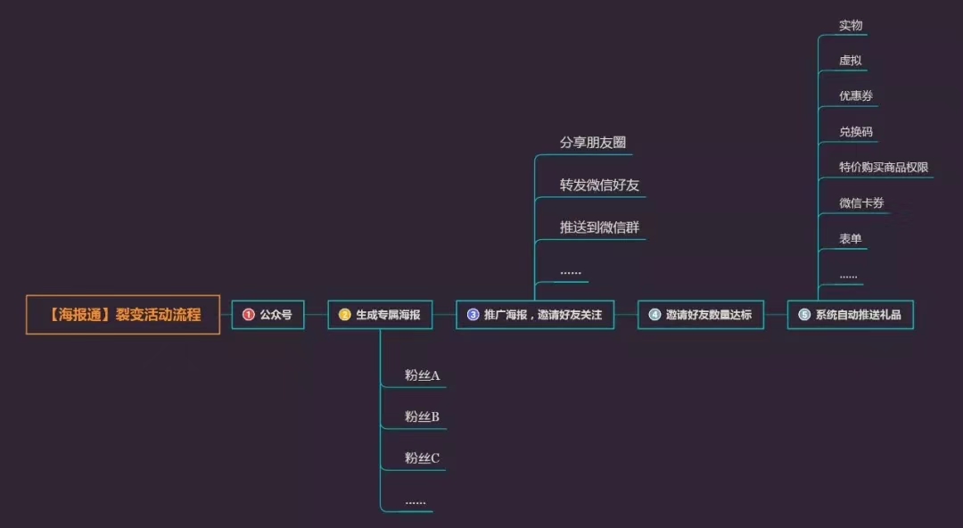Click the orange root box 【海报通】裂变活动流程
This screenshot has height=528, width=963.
(123, 315)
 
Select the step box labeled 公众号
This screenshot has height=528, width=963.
(267, 315)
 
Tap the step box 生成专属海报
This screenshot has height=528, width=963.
(380, 315)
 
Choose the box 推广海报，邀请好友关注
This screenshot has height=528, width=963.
(535, 315)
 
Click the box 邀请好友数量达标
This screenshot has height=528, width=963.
(701, 315)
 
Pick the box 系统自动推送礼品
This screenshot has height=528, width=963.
(851, 315)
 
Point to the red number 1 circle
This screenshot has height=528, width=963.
(249, 315)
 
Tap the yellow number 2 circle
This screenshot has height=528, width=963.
(344, 315)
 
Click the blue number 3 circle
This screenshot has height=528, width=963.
(473, 315)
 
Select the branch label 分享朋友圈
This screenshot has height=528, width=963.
(593, 143)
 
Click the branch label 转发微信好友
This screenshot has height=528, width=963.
(599, 185)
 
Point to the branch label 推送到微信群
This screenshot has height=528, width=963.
(599, 227)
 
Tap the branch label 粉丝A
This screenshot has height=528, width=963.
(422, 375)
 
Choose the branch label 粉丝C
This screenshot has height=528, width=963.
(422, 458)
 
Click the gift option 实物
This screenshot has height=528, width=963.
(851, 25)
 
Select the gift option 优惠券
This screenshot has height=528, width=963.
(856, 96)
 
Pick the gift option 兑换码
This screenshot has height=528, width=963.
(856, 131)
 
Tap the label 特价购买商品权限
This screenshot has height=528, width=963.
(884, 167)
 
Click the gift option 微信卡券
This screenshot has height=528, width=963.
(861, 202)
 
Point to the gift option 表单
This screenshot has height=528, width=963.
(851, 238)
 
